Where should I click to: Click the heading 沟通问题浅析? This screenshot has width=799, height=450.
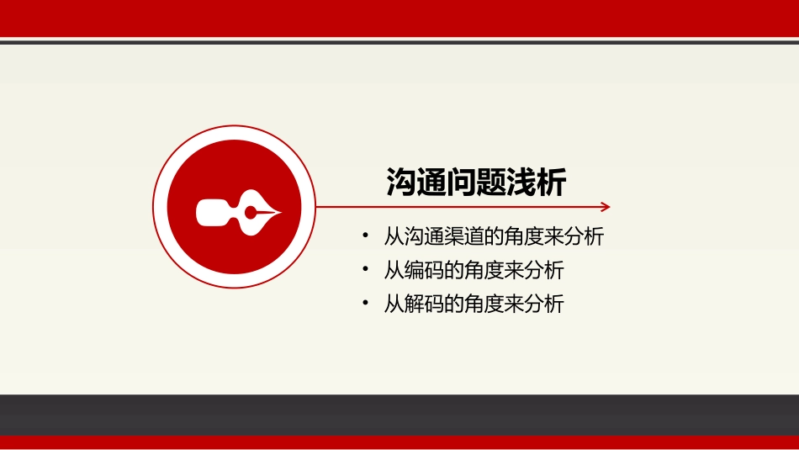point(476,183)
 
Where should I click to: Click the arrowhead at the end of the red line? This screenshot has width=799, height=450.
point(606,207)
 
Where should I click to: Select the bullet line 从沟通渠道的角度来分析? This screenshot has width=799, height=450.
point(494,237)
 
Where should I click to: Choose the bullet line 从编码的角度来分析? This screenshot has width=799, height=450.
point(474,271)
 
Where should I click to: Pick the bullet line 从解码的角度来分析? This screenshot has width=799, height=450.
point(474,304)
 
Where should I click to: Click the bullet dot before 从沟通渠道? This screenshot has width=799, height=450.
point(365,236)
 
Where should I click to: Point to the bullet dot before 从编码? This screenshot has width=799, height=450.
point(365,270)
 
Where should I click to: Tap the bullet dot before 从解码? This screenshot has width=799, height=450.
point(365,303)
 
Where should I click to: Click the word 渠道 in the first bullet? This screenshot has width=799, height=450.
point(453,237)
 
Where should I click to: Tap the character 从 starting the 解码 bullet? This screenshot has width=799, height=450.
point(394,304)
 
